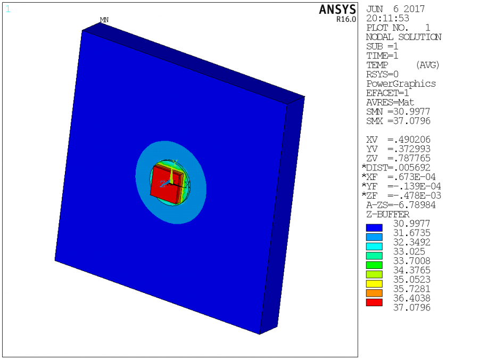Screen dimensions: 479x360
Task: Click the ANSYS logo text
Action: (x=337, y=10)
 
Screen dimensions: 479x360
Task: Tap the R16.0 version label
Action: (x=346, y=19)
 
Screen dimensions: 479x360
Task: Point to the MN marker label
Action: (x=104, y=20)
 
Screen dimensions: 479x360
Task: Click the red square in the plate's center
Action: (x=164, y=184)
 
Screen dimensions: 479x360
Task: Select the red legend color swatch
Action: (x=374, y=302)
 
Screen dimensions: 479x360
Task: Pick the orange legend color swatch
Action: (x=374, y=293)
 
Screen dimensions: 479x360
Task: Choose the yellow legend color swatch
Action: (x=374, y=284)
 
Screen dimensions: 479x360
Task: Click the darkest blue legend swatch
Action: (x=374, y=228)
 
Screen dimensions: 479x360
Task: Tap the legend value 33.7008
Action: (x=411, y=260)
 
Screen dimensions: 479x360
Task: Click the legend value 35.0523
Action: (x=411, y=280)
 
